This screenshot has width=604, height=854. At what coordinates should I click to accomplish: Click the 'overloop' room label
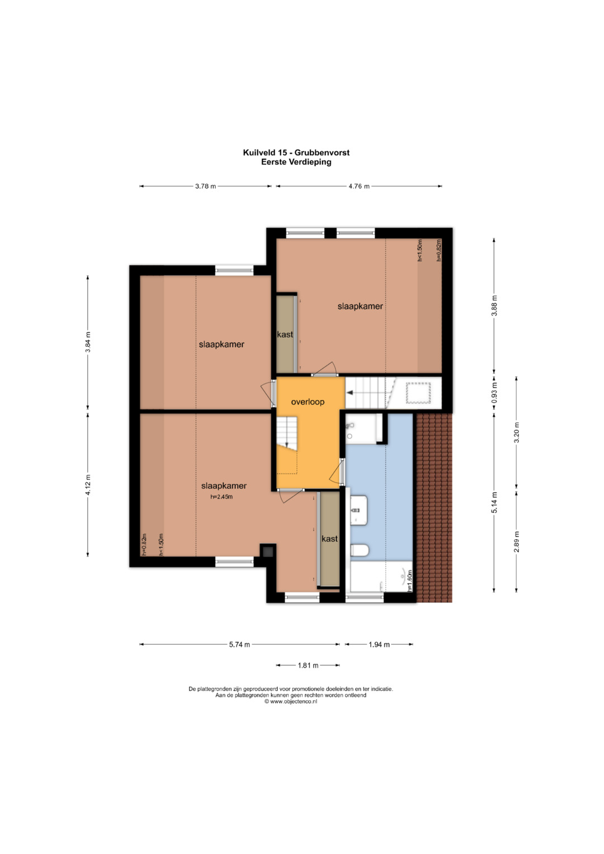coord(308,402)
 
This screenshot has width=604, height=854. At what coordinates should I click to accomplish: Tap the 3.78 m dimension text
coord(206,186)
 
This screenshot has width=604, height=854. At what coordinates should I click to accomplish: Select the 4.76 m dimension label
coord(359,186)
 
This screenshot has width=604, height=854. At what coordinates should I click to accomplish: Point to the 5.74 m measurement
coord(239,645)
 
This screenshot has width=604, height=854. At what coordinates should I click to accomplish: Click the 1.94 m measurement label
coord(379,645)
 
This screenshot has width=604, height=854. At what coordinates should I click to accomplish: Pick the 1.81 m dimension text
coord(308,666)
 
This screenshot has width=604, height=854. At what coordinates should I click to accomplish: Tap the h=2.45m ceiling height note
coord(221,497)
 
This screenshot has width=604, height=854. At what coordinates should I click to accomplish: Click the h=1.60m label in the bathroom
coord(410,581)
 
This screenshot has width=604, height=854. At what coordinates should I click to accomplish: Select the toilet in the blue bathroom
coord(360,550)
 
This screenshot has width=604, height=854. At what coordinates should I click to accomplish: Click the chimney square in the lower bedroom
coord(268,551)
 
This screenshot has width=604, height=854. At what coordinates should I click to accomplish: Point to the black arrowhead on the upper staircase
coord(350,393)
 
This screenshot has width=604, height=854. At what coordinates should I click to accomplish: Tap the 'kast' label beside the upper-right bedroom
coord(285,334)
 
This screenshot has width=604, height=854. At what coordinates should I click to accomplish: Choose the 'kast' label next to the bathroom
coord(329,539)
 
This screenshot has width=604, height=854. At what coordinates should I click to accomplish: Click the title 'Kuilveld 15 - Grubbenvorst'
coord(296,153)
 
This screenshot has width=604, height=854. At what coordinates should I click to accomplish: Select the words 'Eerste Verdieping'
coord(296,162)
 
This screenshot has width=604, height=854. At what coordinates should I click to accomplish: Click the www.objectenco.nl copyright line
coord(291,701)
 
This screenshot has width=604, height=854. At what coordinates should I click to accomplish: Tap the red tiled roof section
coord(435,507)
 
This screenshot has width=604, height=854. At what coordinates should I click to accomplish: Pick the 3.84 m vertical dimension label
coord(88,343)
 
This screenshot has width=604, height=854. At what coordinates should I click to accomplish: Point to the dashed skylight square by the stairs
coord(418,393)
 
